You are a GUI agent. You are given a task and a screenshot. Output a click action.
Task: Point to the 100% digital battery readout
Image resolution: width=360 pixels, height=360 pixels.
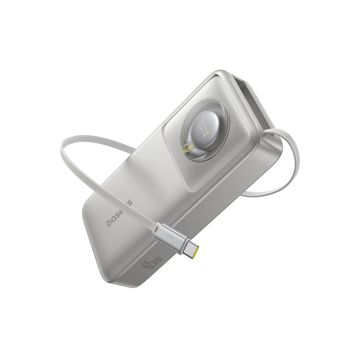click(204, 128)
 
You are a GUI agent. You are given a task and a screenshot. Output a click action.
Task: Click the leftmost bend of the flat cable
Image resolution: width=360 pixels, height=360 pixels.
click(63, 144)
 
